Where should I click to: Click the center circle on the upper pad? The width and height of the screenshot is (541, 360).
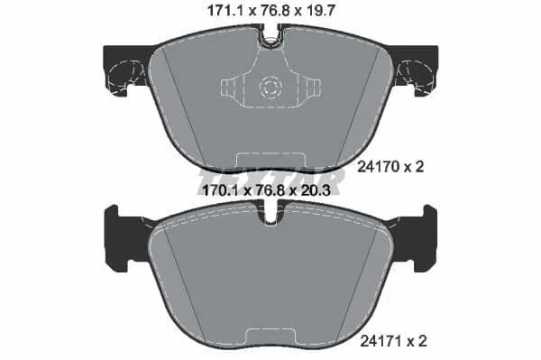pos(270,88)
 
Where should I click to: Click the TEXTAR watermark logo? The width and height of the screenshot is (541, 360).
pos(270,181)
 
